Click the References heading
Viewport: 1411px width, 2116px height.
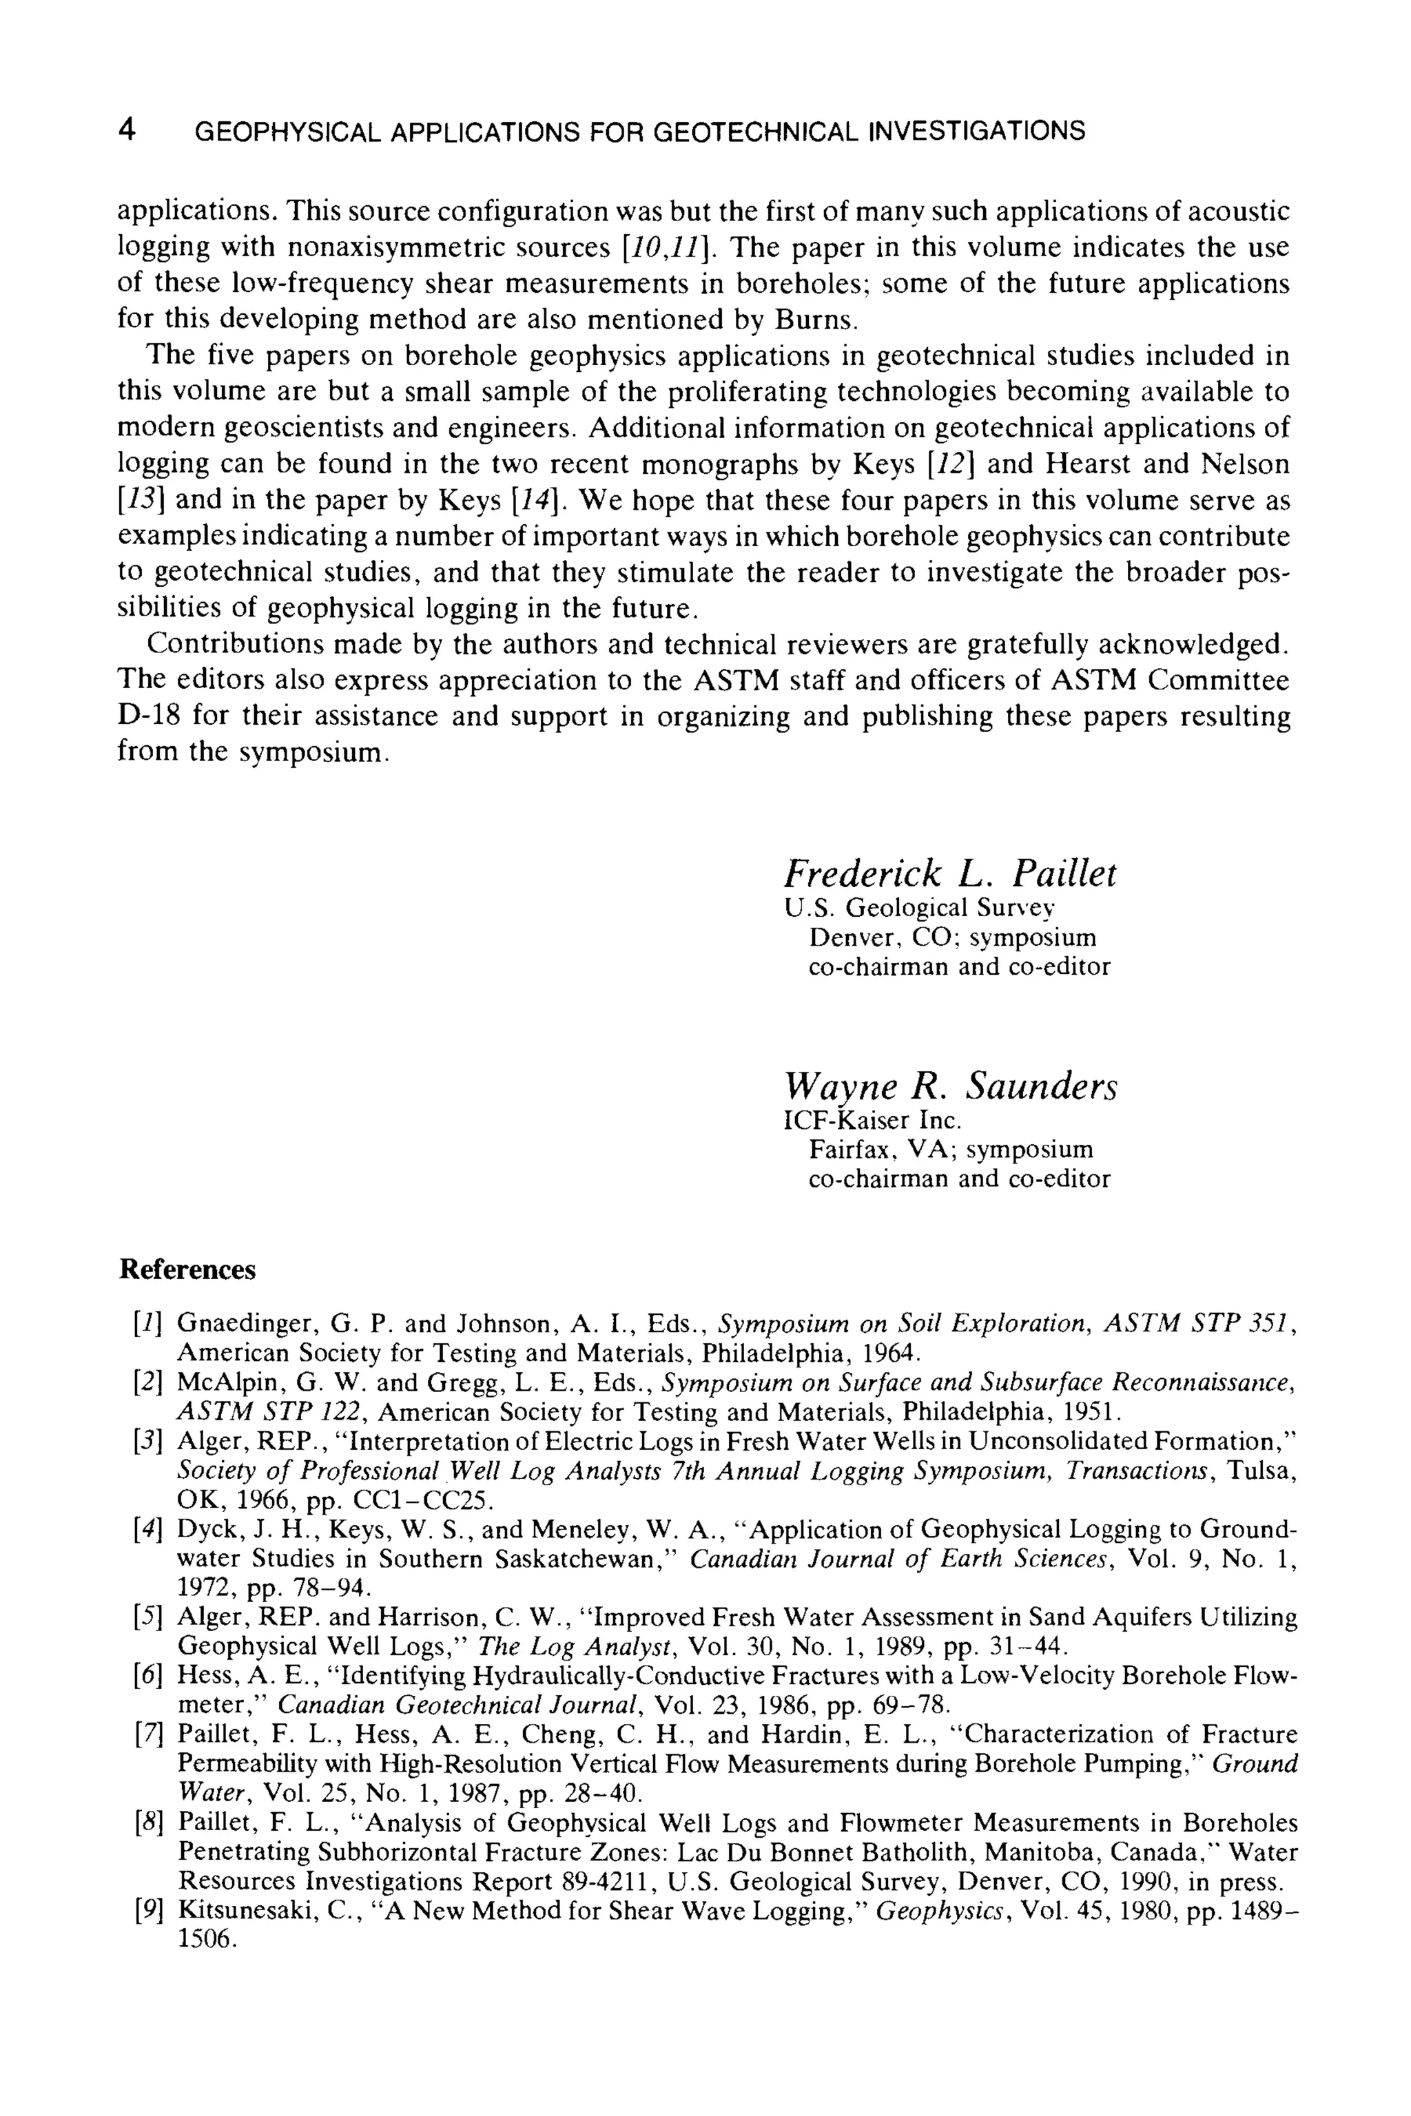pos(187,1269)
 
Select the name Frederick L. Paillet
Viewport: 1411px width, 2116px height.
pos(950,873)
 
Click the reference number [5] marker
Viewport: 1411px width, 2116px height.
pos(147,1617)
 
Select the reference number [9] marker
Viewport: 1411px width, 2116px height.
pos(147,1910)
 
